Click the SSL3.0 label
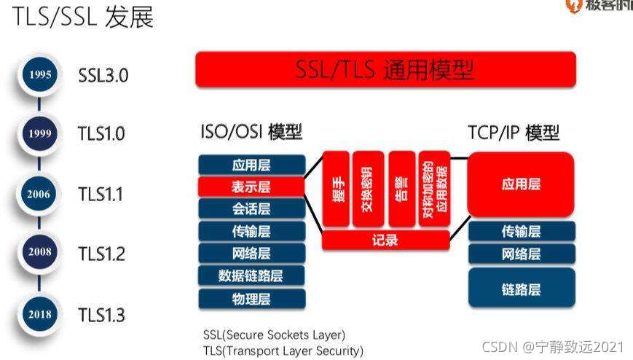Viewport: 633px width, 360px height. pyautogui.click(x=103, y=74)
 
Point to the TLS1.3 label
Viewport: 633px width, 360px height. pyautogui.click(x=102, y=316)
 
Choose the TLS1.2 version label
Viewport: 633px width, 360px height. pyautogui.click(x=102, y=254)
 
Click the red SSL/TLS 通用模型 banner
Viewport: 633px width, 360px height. pyautogui.click(x=385, y=70)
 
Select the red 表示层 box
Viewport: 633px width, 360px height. pyautogui.click(x=251, y=187)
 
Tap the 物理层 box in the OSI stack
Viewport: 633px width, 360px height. pyautogui.click(x=251, y=299)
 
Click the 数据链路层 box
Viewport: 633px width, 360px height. pyautogui.click(x=251, y=276)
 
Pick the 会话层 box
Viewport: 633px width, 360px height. pyautogui.click(x=251, y=210)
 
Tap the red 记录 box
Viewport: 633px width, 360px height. pyautogui.click(x=385, y=240)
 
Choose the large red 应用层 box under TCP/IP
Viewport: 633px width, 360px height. pyautogui.click(x=521, y=185)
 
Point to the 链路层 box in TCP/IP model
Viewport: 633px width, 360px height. pyautogui.click(x=521, y=289)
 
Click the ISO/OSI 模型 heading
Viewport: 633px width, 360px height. pyautogui.click(x=251, y=133)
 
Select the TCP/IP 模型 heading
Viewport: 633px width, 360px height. pyautogui.click(x=514, y=133)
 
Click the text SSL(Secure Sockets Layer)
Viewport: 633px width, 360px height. pyautogui.click(x=274, y=336)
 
